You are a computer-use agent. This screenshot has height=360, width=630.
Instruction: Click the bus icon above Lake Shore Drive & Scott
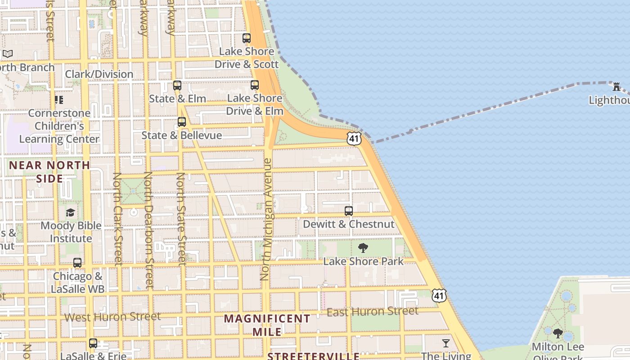pos(247,38)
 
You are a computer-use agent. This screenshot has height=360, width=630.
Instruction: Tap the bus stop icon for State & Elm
pos(177,85)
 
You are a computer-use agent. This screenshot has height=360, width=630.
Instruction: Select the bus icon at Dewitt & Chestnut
pos(349,211)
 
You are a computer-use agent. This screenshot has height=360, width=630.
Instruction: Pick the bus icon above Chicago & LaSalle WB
pos(77,263)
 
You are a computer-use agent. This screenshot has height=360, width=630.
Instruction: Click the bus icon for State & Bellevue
pos(182,122)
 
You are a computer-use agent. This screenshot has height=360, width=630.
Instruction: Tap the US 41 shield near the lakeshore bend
pos(354,139)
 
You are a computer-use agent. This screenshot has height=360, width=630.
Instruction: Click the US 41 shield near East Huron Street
pos(439,295)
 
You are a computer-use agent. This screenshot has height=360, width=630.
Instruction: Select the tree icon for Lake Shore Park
pos(363,248)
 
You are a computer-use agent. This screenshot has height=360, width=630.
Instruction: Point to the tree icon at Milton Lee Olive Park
pos(558,333)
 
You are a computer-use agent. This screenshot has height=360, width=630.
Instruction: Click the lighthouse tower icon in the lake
pos(616,86)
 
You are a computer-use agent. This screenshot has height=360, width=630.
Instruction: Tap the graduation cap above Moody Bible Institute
pos(71,212)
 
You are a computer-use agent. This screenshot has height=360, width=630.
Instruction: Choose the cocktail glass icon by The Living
pos(446,343)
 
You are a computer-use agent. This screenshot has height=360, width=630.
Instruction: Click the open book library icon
pos(8,54)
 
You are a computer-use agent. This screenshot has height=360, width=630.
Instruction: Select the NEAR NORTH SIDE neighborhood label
pos(49,171)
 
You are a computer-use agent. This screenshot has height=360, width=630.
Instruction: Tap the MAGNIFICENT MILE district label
pos(267,325)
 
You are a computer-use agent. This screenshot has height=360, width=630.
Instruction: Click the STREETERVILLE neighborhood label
pos(313,356)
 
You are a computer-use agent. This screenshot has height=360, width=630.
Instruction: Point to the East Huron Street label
pos(372,311)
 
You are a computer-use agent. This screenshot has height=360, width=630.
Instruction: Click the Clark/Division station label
pos(99,74)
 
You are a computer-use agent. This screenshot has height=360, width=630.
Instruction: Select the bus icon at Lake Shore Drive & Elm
pos(255,85)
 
